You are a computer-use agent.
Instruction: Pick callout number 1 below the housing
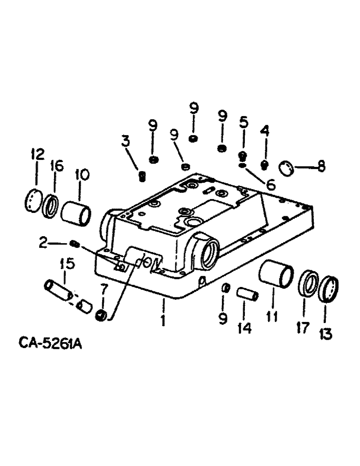click(163, 320)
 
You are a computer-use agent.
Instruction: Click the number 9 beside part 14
click(223, 318)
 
